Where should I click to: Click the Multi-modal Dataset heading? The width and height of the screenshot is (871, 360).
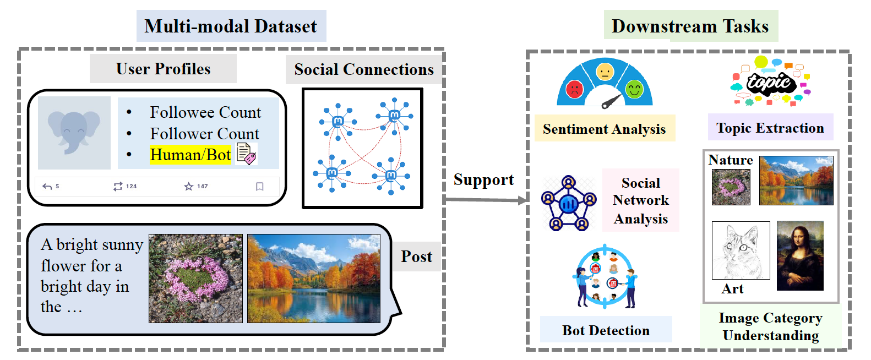click(x=231, y=26)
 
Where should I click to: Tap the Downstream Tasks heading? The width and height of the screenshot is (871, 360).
click(x=690, y=26)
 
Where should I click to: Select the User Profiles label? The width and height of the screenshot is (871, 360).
click(x=163, y=69)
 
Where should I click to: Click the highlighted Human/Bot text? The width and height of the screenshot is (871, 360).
click(x=190, y=155)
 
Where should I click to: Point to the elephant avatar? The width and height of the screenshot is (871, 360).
click(x=74, y=133)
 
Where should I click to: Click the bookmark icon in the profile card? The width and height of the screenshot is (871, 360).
click(x=260, y=187)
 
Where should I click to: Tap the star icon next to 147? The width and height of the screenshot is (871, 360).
click(x=189, y=187)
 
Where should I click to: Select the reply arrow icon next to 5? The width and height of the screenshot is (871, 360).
click(x=47, y=187)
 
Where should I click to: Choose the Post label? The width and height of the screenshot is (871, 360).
click(x=416, y=257)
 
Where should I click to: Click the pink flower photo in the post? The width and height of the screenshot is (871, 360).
click(x=195, y=278)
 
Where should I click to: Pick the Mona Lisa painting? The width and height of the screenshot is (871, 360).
click(x=800, y=255)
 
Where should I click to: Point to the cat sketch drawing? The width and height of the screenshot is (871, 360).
click(x=741, y=250)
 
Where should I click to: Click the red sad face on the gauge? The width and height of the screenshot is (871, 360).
click(x=574, y=89)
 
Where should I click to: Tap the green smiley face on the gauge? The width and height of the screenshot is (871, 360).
click(x=634, y=89)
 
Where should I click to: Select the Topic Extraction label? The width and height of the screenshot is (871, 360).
click(x=770, y=128)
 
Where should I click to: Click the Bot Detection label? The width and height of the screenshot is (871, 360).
click(x=606, y=330)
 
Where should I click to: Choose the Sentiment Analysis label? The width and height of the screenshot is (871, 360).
click(x=604, y=129)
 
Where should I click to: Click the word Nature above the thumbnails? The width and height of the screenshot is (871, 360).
click(x=730, y=160)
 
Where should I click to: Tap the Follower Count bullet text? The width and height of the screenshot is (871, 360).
click(x=204, y=134)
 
